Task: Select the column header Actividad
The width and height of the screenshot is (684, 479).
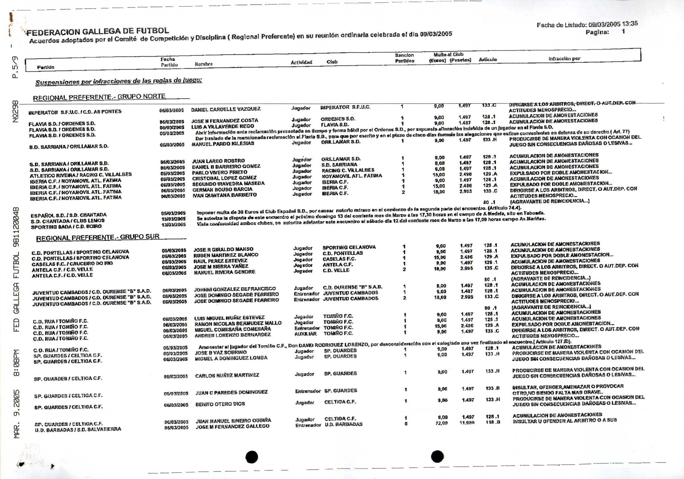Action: coord(301,62)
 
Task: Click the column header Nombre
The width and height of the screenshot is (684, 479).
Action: coord(203,64)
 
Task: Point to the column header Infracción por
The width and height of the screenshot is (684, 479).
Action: coord(565,59)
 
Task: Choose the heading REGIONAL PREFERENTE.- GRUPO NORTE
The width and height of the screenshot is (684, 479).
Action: coord(99,97)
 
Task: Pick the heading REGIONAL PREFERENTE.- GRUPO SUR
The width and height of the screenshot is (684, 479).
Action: coord(98,237)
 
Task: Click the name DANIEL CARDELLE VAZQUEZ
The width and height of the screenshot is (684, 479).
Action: coord(226,109)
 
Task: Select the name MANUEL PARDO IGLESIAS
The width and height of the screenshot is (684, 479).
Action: coord(223,143)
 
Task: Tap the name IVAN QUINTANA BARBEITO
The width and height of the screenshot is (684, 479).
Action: coord(224,195)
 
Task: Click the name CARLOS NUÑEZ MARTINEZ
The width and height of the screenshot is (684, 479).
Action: coord(227,376)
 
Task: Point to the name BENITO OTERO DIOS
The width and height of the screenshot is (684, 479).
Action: coord(220,404)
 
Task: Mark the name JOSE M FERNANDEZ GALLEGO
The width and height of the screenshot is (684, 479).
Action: coord(232,426)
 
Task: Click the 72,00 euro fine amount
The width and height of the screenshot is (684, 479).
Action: coord(441,423)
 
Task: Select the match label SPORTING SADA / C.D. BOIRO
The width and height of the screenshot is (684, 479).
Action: coord(66,227)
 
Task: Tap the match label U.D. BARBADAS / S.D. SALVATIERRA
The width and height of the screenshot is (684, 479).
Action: coord(78,429)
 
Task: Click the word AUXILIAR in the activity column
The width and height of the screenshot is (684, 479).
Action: coord(306,334)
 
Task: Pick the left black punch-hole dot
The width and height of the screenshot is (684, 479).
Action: coord(252,457)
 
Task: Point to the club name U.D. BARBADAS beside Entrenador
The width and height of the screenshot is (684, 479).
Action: coord(343,424)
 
